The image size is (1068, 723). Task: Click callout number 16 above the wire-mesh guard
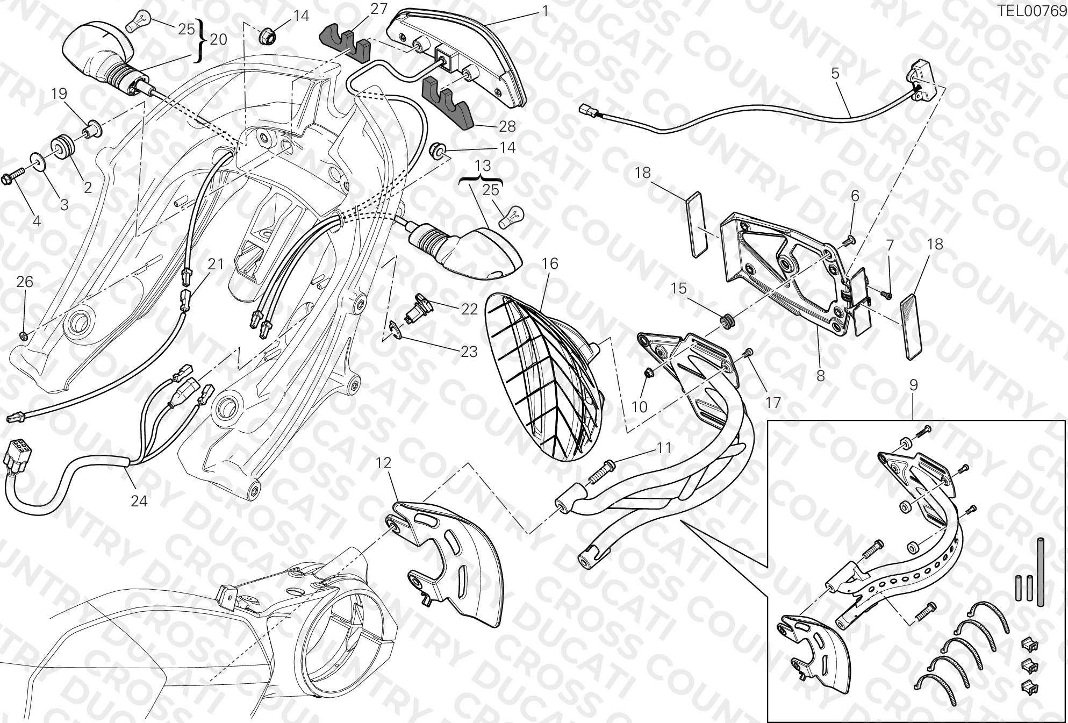pos(550,264)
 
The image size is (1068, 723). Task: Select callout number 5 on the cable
pos(835,73)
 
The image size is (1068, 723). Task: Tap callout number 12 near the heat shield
pos(384,463)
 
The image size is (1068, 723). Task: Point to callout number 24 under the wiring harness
pos(139,501)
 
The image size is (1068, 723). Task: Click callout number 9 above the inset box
pos(913,385)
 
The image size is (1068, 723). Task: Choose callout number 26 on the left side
pos(25,282)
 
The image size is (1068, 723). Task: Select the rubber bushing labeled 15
pos(727,322)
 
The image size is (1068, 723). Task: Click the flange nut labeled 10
pos(649,372)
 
